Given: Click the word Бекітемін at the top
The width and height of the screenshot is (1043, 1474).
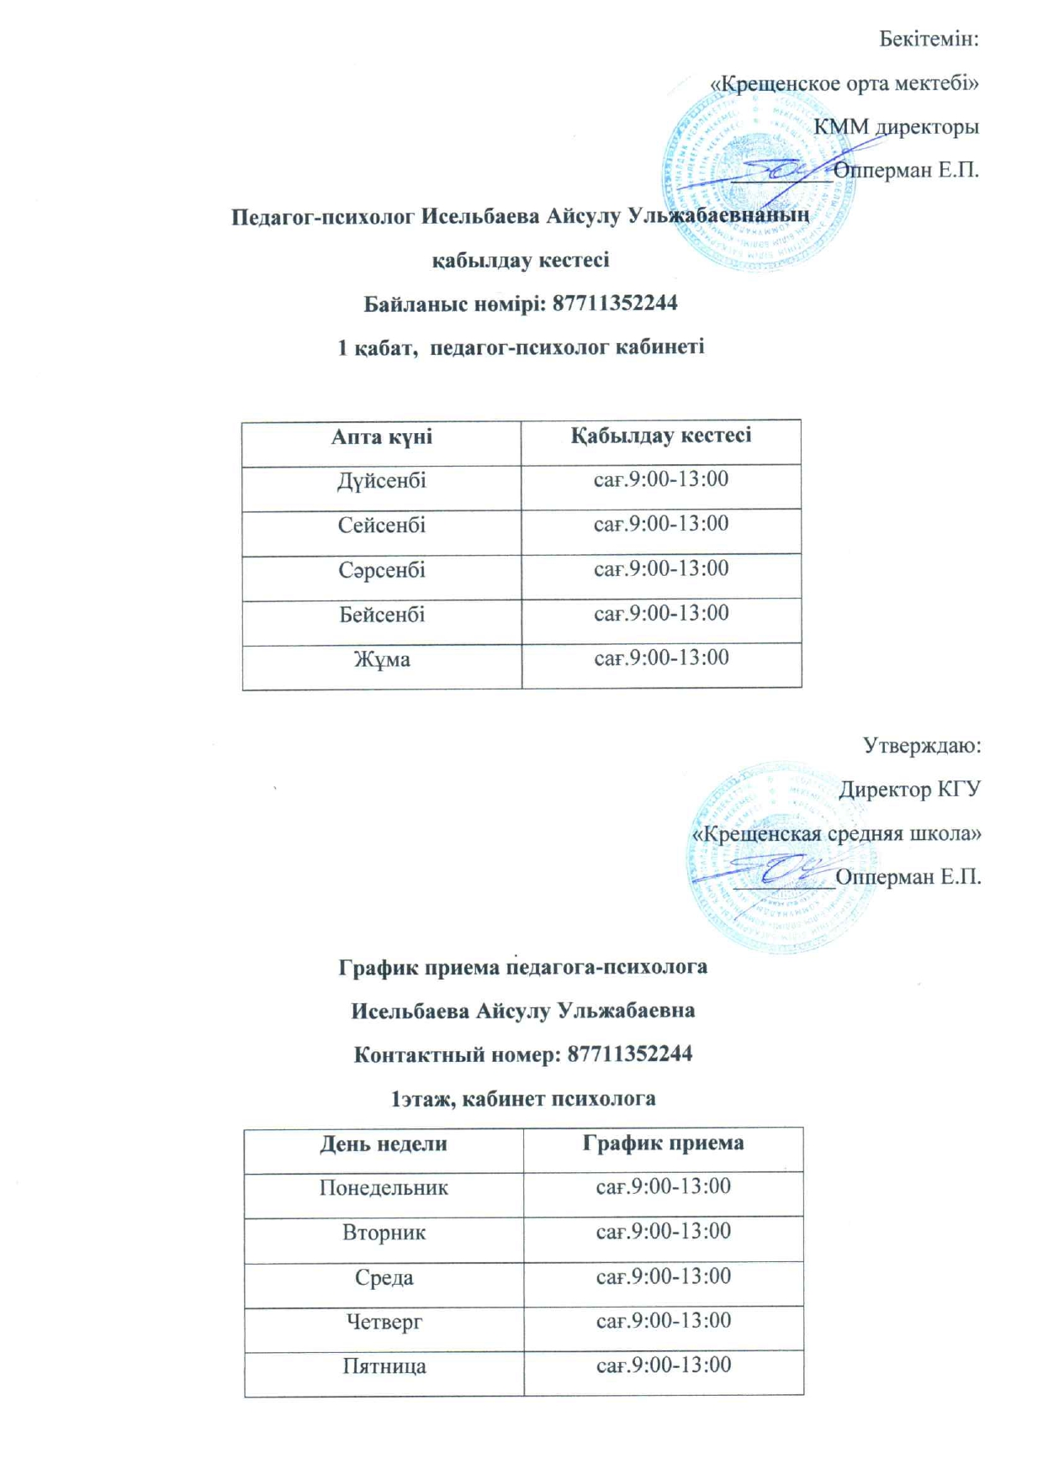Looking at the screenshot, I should (x=929, y=39).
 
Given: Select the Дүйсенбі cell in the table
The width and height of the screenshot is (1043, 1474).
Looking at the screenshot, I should (x=382, y=481).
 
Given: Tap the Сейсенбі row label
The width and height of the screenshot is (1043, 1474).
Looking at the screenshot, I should (x=382, y=526).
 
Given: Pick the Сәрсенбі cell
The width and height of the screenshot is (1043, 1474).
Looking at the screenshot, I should (x=382, y=570).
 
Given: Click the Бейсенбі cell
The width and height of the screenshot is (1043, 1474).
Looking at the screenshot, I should (x=382, y=615).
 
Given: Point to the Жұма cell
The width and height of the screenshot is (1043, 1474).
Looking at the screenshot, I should (x=382, y=659).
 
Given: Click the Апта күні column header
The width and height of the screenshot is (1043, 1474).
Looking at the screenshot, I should (x=382, y=436).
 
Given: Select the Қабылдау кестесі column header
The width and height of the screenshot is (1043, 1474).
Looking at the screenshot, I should (x=661, y=436).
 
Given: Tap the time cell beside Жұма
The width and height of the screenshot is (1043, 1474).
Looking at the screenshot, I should (x=661, y=658).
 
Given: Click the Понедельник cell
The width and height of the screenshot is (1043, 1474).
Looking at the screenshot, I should (x=384, y=1188).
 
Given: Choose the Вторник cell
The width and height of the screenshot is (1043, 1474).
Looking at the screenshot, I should (x=384, y=1233).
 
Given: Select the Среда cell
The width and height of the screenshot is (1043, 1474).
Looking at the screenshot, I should (x=384, y=1277).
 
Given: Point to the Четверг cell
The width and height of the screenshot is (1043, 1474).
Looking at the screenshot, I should (x=384, y=1322).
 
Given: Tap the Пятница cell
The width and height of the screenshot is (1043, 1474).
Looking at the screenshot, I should (x=384, y=1366).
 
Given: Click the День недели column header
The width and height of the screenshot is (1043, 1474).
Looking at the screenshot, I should (x=384, y=1144).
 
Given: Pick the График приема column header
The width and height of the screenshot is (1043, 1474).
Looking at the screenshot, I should (x=663, y=1143).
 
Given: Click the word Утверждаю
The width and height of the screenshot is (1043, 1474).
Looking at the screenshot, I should (x=922, y=746).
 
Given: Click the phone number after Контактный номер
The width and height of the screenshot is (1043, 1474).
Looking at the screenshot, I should (x=630, y=1054).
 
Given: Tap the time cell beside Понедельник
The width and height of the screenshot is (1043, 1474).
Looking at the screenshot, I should (x=663, y=1186).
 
